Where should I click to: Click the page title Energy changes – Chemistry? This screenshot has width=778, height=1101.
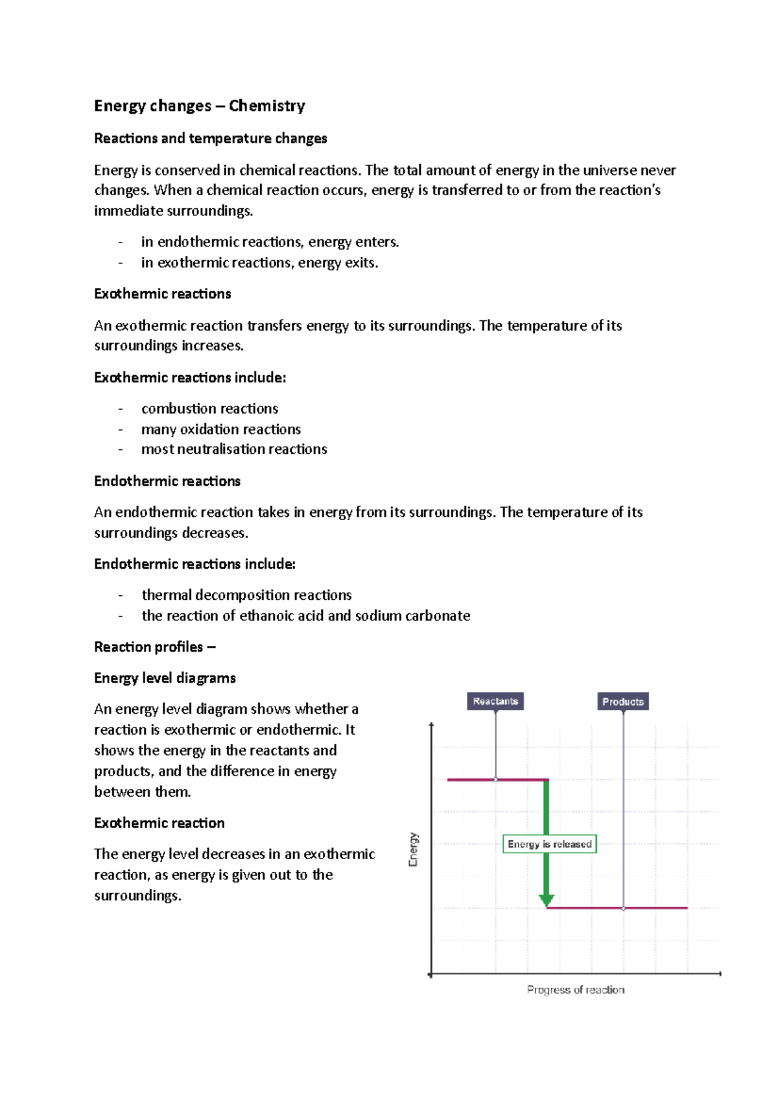pos(199,106)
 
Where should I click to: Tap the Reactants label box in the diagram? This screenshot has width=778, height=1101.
pos(495,701)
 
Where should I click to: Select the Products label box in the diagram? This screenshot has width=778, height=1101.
pos(622,702)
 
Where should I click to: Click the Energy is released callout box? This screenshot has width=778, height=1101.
pos(549,844)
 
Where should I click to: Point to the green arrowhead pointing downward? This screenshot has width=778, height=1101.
pos(547,900)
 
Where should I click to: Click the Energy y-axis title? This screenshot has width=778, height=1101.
pos(413,849)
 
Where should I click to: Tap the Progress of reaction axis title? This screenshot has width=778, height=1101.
pos(576,989)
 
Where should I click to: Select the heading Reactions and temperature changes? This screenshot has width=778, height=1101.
pos(210,138)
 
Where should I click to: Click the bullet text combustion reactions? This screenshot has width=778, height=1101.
pos(209,408)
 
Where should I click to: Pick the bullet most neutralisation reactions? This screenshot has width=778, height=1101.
pos(234,449)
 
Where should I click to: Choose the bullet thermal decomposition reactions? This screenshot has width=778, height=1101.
pos(246,595)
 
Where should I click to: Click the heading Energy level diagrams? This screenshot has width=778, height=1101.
pos(165,678)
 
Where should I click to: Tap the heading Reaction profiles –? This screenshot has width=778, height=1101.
pos(154,646)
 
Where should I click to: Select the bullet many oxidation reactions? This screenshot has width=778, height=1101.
pos(220,429)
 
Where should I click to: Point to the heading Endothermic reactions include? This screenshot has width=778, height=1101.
pos(194,563)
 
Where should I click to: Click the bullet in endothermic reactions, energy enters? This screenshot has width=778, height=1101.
pos(270,242)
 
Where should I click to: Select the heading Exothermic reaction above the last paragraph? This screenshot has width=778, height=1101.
pos(159,823)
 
